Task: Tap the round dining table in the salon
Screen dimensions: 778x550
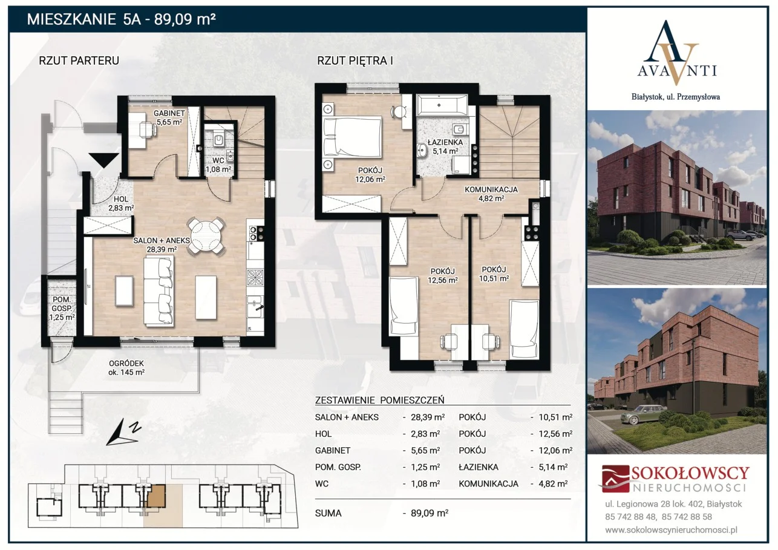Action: (x=206, y=236)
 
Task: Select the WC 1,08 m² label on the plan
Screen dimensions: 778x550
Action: (x=218, y=165)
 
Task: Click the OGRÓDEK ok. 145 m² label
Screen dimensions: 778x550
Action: (x=126, y=368)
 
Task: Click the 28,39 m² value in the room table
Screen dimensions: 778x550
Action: (x=428, y=417)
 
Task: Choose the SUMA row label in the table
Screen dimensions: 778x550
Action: (x=329, y=513)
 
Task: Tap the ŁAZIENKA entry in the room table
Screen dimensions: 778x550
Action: (x=479, y=467)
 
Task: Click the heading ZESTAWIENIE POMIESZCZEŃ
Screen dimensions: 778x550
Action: (x=379, y=401)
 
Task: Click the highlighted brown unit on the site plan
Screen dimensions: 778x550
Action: (x=156, y=496)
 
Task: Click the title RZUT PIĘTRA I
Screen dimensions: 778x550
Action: (x=355, y=61)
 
